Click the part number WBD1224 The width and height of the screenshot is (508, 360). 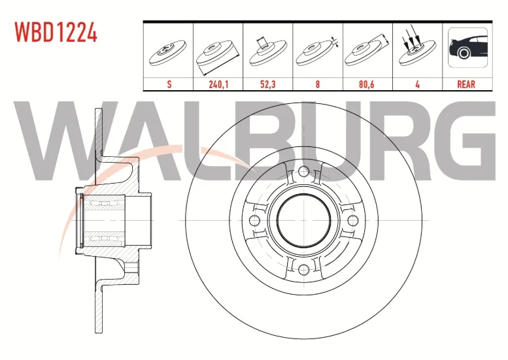56,33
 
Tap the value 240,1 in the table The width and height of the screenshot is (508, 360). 218,84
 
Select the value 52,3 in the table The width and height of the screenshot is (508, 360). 268,84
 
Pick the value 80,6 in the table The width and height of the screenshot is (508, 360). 367,84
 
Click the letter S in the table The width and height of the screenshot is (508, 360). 169,84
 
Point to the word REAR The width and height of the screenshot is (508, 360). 466,84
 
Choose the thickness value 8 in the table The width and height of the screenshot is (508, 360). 318,84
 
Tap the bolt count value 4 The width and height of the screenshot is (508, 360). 417,84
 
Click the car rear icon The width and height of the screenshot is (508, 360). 467,47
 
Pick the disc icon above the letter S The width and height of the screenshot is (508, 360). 168,53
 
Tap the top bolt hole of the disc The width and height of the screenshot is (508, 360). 303,172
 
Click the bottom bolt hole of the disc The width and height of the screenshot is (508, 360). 303,269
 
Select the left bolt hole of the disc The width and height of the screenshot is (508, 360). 255,220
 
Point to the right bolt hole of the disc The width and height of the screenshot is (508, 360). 352,220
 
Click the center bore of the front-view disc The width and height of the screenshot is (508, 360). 304,220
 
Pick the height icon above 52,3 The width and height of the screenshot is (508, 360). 268,52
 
